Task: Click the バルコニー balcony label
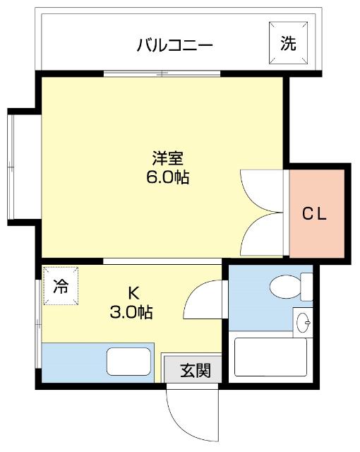pyautogui.click(x=174, y=47)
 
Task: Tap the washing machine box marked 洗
pyautogui.click(x=288, y=43)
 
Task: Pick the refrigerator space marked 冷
pyautogui.click(x=61, y=286)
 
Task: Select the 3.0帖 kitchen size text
pyautogui.click(x=132, y=311)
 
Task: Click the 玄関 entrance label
pyautogui.click(x=194, y=369)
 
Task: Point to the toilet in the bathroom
pyautogui.click(x=286, y=287)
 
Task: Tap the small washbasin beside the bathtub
pyautogui.click(x=304, y=323)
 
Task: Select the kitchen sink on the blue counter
pyautogui.click(x=128, y=362)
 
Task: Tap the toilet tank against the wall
pyautogui.click(x=306, y=286)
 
